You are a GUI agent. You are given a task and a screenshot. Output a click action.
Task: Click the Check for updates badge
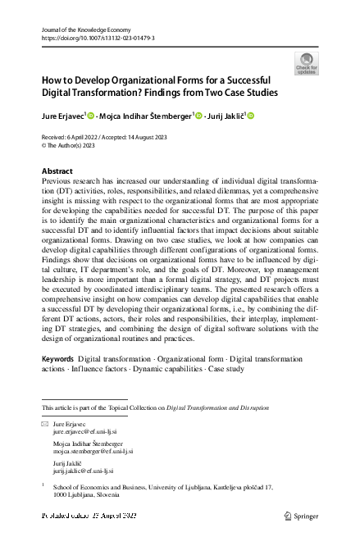point(306,63)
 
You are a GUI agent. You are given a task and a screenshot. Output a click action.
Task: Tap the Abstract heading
point(57,171)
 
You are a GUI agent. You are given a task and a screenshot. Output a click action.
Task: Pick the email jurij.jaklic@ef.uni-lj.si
point(84,471)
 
